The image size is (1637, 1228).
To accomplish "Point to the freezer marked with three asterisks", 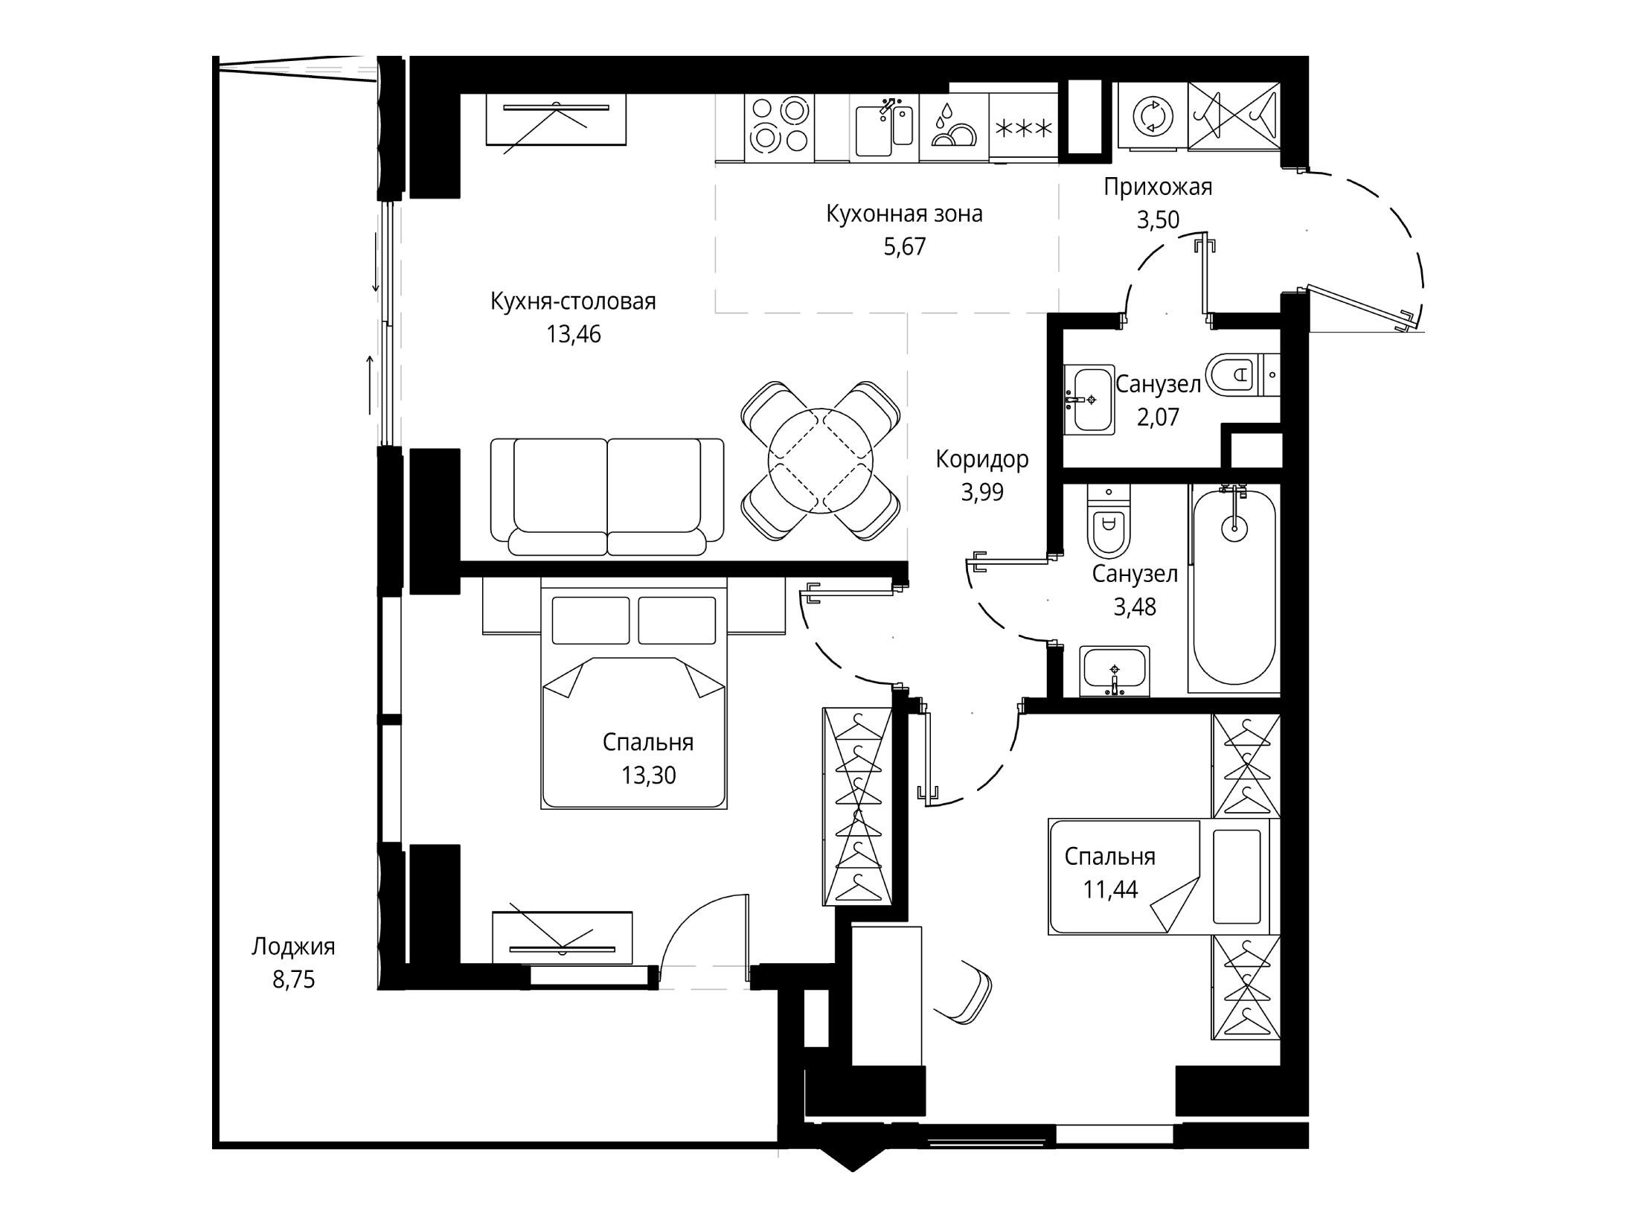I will [x=1024, y=128].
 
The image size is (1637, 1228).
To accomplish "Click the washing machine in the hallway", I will [x=1153, y=118].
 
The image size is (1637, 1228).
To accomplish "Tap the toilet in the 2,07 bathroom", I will [x=1232, y=373].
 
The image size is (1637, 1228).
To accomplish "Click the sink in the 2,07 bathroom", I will [x=1089, y=400].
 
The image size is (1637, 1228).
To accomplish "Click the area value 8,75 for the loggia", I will [x=293, y=979].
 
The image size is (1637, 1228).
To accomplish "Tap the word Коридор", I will [x=982, y=459].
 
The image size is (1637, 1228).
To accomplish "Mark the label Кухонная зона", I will [x=904, y=214].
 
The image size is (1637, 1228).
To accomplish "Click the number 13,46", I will [x=573, y=334].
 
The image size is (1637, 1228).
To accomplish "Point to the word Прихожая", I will [x=1158, y=187].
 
